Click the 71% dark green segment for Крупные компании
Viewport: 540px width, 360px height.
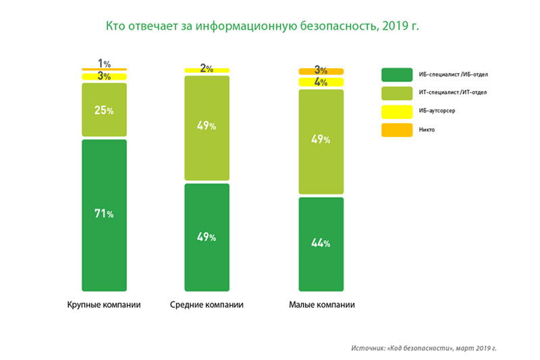coord(104,215)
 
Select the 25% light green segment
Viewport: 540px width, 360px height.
coord(104,109)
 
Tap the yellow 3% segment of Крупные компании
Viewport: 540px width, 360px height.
coord(104,76)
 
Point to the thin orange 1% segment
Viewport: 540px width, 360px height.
coord(104,70)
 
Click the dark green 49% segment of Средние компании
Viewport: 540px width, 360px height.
coord(207,237)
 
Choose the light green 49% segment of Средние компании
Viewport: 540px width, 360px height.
coord(207,128)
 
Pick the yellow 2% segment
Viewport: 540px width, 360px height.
coord(207,71)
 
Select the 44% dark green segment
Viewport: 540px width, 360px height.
coord(321,245)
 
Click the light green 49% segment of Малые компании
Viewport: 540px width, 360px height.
coord(321,142)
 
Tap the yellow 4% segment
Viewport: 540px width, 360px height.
coord(321,82)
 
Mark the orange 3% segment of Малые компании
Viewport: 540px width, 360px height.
coord(321,72)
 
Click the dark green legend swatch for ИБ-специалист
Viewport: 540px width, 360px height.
coord(397,75)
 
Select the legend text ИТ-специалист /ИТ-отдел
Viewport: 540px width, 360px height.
coord(453,93)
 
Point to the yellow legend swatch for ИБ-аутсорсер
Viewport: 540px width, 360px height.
coord(397,111)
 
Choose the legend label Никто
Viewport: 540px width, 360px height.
coord(427,130)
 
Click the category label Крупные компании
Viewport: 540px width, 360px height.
coord(104,305)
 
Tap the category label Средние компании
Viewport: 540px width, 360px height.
coord(207,305)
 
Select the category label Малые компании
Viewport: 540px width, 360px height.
coord(322,305)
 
